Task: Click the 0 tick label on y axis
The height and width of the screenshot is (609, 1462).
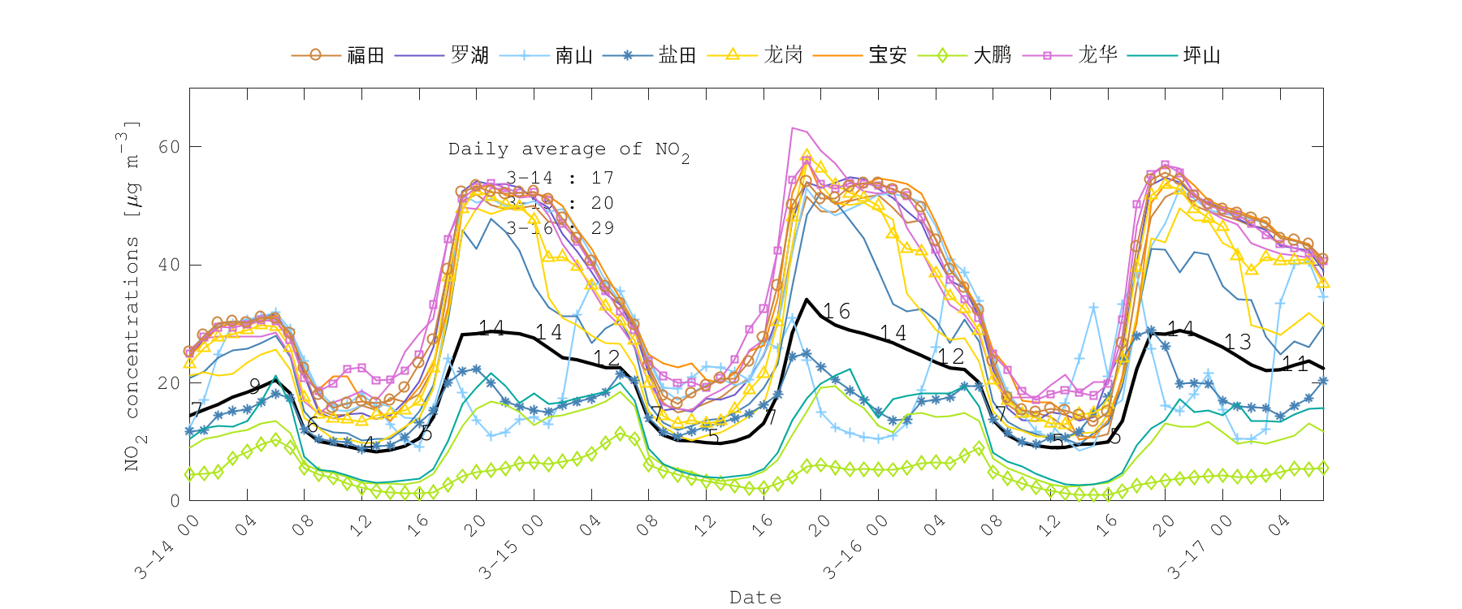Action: click(x=175, y=501)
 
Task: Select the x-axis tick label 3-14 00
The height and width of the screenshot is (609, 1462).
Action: click(x=167, y=548)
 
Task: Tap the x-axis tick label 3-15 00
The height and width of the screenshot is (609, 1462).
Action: click(x=511, y=548)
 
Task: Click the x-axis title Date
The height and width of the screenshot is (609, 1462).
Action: click(x=755, y=598)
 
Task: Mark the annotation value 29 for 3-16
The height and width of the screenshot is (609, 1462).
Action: click(x=603, y=228)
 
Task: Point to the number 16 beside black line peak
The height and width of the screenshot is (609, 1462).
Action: click(x=836, y=312)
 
